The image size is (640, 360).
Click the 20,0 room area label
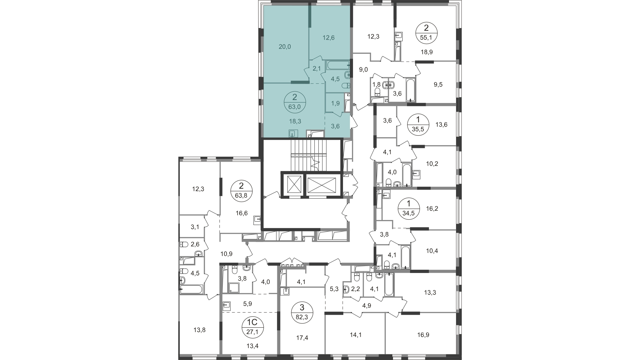(285, 47)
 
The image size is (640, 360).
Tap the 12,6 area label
(328, 38)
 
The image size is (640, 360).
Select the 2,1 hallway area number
(316, 69)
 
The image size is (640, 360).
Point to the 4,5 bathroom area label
(335, 79)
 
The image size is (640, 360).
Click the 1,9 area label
(335, 103)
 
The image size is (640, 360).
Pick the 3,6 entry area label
(335, 126)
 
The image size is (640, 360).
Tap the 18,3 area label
(295, 121)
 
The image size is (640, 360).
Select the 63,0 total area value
(294, 107)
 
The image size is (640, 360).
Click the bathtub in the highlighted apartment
(337, 65)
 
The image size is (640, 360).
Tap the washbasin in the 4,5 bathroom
(347, 75)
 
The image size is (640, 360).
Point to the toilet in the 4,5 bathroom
(346, 85)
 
